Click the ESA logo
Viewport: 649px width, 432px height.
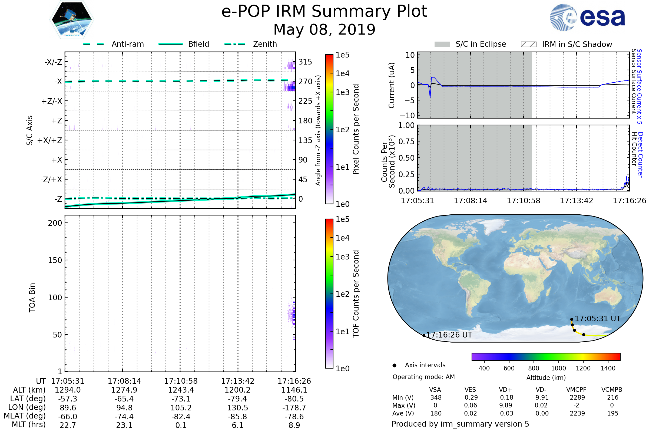(x=587, y=17)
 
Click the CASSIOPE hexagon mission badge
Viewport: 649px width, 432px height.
(x=72, y=19)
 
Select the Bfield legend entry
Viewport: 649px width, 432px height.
(x=184, y=44)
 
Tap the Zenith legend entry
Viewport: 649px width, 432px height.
(x=251, y=44)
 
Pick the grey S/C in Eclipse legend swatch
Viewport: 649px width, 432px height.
(x=442, y=44)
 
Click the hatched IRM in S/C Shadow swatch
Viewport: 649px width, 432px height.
(x=528, y=44)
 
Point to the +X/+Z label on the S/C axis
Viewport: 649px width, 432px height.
(x=50, y=140)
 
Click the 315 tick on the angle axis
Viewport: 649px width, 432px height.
(x=305, y=62)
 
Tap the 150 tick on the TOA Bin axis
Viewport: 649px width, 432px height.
(x=55, y=260)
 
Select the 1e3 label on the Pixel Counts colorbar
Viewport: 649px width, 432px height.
(x=342, y=92)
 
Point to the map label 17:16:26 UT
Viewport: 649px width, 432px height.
(x=449, y=335)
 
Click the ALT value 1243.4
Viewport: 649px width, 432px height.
(x=181, y=390)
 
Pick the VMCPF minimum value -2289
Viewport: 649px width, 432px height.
(x=576, y=397)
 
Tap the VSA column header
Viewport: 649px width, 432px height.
(x=435, y=390)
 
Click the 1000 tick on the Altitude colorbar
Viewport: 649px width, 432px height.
(x=558, y=368)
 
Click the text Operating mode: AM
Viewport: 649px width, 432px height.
(x=423, y=377)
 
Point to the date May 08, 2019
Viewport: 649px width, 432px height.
(x=325, y=29)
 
